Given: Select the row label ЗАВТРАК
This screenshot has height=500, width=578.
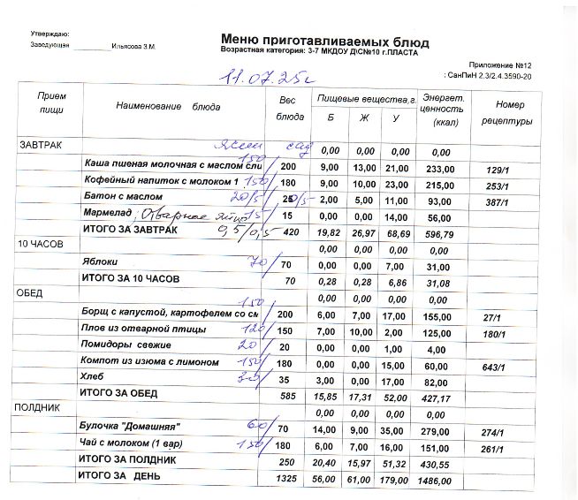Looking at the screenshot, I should (41, 143).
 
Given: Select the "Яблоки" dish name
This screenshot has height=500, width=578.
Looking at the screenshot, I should (101, 261).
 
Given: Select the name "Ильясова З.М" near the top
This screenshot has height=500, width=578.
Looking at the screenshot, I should (133, 45).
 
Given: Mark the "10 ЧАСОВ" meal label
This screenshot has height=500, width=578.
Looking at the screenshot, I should (40, 242).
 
